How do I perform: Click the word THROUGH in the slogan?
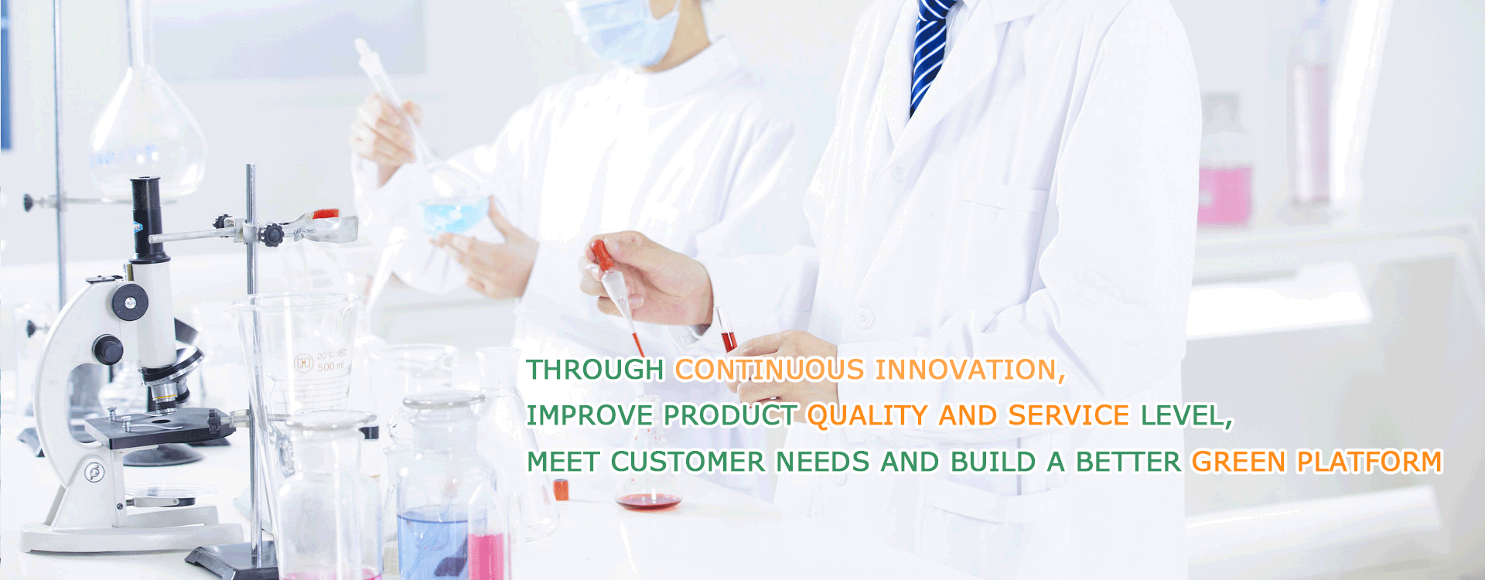(x=595, y=370)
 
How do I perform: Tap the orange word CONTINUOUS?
(x=770, y=370)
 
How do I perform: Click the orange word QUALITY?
(x=867, y=416)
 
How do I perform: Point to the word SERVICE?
(x=1069, y=416)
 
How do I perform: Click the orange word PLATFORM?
(x=1370, y=462)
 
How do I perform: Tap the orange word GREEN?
(x=1238, y=462)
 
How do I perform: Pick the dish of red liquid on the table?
(x=648, y=501)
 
